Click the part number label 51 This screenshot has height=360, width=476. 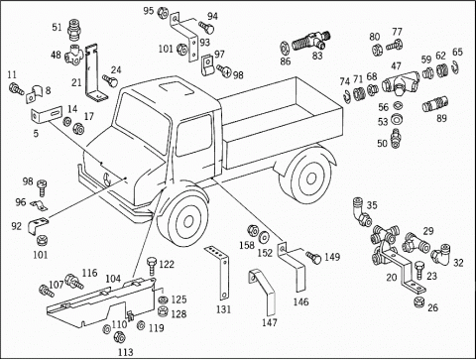(57, 27)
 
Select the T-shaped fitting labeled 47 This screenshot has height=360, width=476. (401, 84)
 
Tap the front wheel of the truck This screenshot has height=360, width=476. (183, 220)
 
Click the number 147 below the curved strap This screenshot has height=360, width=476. (270, 322)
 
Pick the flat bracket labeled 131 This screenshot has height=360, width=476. (219, 272)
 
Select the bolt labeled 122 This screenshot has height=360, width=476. (151, 266)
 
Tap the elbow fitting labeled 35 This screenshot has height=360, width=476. (361, 212)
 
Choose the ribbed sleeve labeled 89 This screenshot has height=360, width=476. (434, 104)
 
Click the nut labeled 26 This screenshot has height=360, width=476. (419, 301)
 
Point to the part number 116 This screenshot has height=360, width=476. (89, 273)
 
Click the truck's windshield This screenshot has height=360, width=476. (142, 122)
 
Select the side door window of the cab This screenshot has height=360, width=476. (194, 135)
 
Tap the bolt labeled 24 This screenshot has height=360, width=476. (110, 80)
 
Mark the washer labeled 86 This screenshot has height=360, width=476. (285, 46)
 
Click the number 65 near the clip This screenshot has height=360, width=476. (457, 53)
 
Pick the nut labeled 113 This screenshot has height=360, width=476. (119, 337)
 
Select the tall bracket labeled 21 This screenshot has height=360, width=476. (94, 72)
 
